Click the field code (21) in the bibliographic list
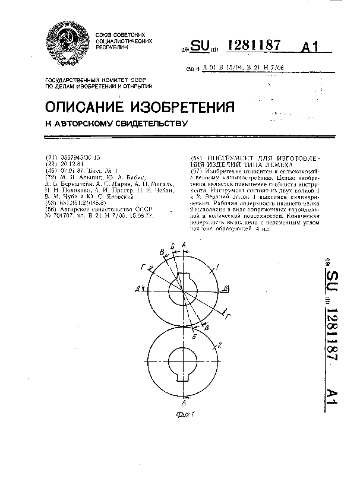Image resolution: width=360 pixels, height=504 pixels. click(51, 157)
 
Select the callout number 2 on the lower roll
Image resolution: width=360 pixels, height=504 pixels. click(219, 345)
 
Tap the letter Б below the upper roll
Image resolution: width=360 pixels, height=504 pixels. click(194, 335)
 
